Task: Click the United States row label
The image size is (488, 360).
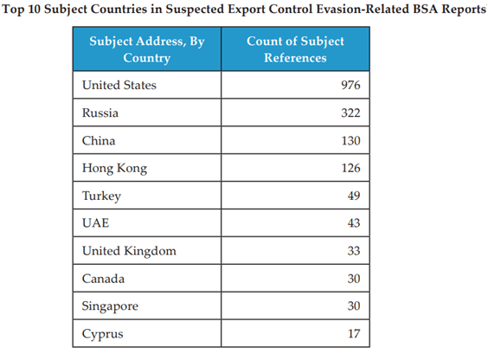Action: pos(119,85)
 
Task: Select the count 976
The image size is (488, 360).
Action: pos(350,85)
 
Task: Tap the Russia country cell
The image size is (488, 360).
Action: pos(100,112)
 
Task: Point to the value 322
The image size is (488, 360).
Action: pos(350,112)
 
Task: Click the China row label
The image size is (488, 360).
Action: pos(99,141)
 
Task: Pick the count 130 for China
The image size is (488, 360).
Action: pos(350,141)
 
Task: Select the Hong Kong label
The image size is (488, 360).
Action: pos(114,169)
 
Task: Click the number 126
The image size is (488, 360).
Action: pos(350,168)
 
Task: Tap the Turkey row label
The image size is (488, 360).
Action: pos(101,196)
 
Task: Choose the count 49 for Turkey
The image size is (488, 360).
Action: pos(354,196)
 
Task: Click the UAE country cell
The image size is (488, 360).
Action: pos(95,223)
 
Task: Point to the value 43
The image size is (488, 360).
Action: pos(354,223)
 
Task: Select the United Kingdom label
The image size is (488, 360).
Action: pos(129,251)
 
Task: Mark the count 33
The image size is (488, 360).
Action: pos(354,251)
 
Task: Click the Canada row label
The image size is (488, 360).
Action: pos(103,279)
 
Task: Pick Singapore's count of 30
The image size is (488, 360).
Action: pos(354,305)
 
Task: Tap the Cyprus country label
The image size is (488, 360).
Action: pos(103,334)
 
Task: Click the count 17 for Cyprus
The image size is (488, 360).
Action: pos(354,333)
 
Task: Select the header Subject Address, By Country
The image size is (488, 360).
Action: pos(147,49)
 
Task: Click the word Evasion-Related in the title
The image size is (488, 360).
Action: pos(363,10)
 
